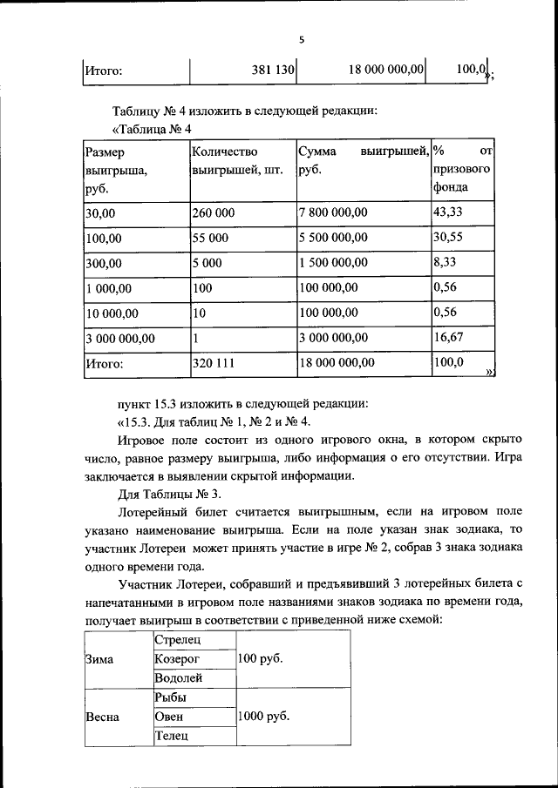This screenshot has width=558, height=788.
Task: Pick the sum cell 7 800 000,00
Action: [x=333, y=212]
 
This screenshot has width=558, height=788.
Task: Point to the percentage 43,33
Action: [x=448, y=212]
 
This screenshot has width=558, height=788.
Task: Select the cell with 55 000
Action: [x=210, y=237]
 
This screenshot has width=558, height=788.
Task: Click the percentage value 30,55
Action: [x=448, y=236]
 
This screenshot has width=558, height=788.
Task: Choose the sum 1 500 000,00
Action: [x=333, y=262]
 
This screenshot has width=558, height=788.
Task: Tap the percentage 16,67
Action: [x=448, y=337]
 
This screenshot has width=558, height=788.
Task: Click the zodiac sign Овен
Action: [x=169, y=717]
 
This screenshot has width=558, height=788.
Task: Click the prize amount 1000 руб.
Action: [x=262, y=717]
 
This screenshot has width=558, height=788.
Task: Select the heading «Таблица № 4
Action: [x=152, y=130]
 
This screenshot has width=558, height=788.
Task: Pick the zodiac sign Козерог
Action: [x=178, y=660]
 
